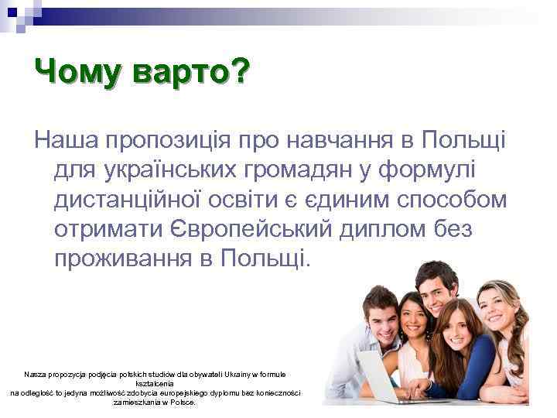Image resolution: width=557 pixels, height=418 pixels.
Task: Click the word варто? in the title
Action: point(191,74)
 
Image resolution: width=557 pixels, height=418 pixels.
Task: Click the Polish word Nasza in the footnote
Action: point(35,374)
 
